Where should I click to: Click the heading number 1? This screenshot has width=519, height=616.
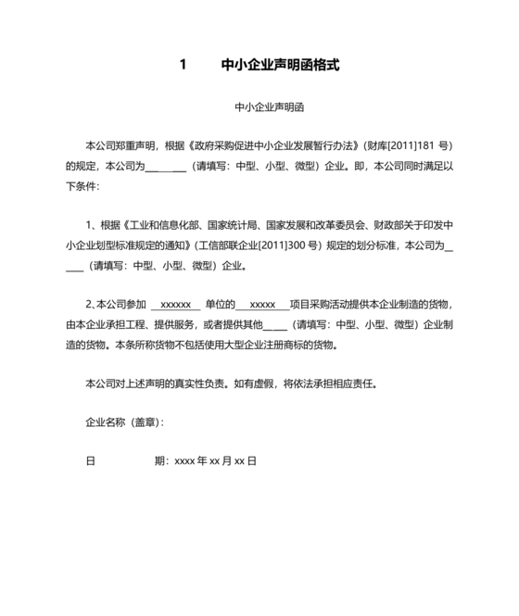[x=184, y=66]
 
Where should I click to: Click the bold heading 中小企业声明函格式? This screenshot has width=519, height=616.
[x=281, y=66]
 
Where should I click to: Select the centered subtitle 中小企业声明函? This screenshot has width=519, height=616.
[x=259, y=107]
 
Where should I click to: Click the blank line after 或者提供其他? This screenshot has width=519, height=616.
[x=275, y=325]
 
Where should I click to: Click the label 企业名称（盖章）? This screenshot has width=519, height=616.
[x=122, y=422]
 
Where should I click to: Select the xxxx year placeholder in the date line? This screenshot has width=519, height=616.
[x=184, y=460]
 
